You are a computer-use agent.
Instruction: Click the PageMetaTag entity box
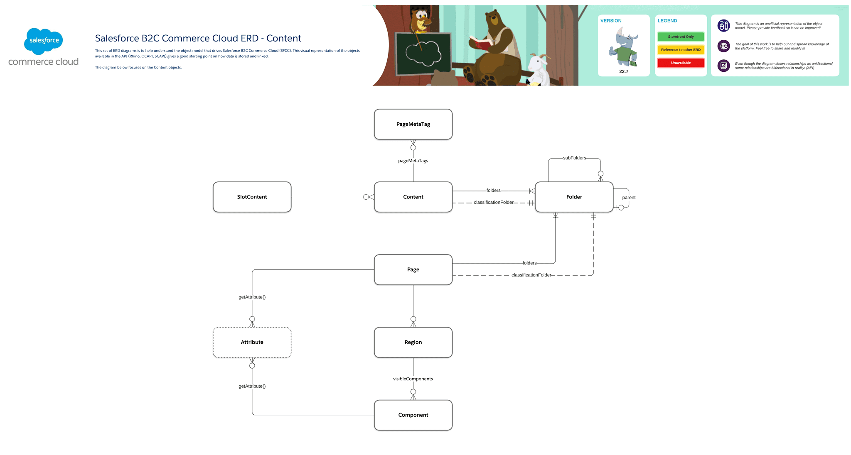(x=413, y=124)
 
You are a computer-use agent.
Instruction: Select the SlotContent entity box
(x=252, y=197)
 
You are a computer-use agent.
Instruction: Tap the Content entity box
(x=413, y=197)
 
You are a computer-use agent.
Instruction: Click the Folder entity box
(x=574, y=197)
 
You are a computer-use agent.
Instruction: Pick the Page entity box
(x=413, y=269)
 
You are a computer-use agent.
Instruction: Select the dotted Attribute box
(x=252, y=342)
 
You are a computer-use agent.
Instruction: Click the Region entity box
(x=413, y=342)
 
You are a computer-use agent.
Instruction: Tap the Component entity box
(x=413, y=415)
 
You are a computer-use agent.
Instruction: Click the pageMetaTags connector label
(x=413, y=161)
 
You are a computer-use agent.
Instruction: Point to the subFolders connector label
(x=574, y=158)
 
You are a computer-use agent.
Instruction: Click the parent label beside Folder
(x=629, y=198)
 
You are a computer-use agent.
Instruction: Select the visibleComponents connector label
(x=413, y=379)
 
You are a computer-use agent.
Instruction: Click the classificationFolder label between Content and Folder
(x=494, y=202)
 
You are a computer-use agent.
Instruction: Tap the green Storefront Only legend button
(x=681, y=37)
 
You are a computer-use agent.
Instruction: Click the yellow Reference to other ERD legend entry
(x=681, y=50)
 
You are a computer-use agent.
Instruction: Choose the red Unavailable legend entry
(x=681, y=63)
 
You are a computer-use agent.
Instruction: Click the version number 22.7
(x=624, y=71)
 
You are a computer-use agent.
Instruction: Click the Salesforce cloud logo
(x=44, y=41)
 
